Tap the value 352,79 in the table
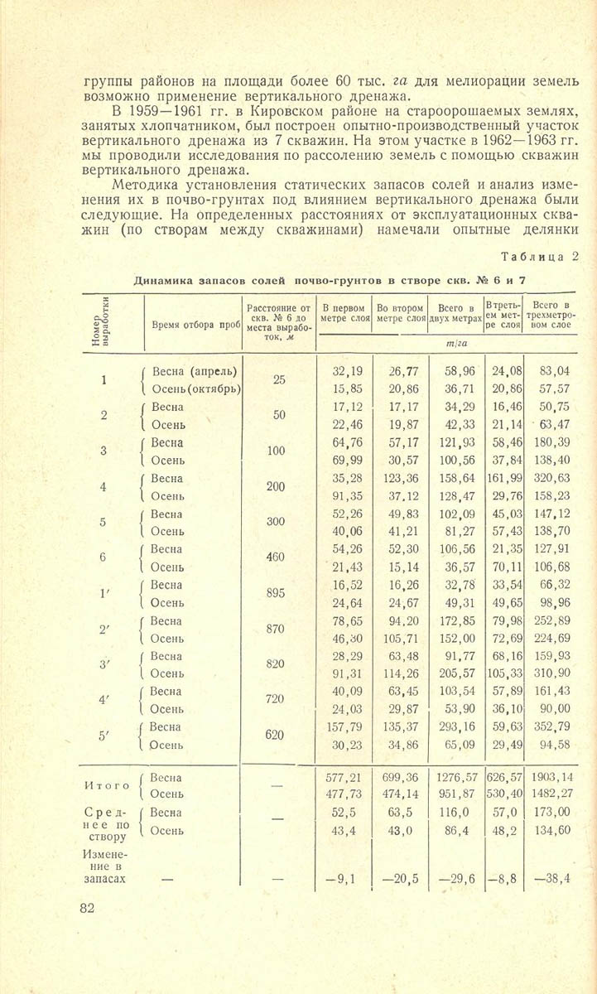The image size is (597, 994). pyautogui.click(x=554, y=726)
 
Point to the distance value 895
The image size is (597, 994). pyautogui.click(x=276, y=593)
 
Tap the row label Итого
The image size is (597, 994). pyautogui.click(x=108, y=785)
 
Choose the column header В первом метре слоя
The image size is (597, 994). pyautogui.click(x=344, y=312)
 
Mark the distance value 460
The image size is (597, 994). pyautogui.click(x=276, y=557)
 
